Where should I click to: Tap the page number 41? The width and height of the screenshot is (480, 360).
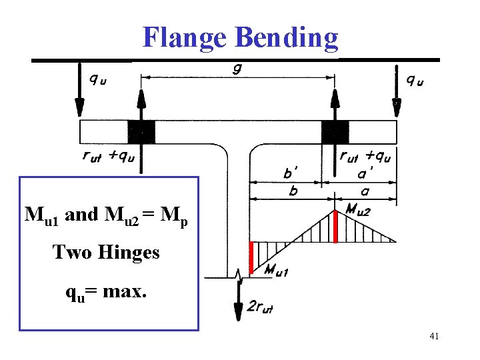434,337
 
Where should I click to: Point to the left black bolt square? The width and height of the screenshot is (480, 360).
141,131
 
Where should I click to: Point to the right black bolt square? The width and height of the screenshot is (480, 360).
335,131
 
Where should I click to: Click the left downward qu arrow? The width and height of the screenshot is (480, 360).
79,90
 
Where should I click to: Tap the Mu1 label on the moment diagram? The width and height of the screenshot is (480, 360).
276,270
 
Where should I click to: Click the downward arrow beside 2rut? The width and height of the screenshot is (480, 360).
238,300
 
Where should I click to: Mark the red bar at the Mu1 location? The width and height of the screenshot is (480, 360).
251,257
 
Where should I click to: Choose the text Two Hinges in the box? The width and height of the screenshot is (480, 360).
106,252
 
